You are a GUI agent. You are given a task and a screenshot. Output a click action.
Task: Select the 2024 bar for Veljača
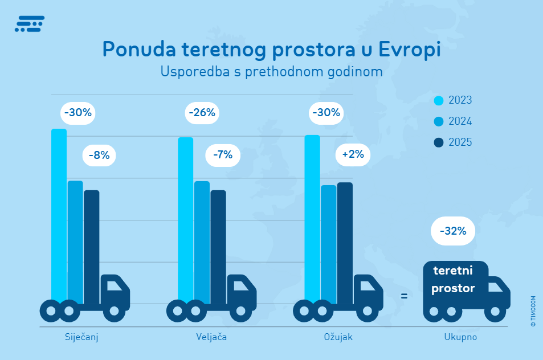(x=202, y=239)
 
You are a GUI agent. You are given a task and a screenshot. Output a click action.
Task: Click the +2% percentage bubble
(x=353, y=154)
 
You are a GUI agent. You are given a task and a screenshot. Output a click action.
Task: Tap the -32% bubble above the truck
(x=453, y=231)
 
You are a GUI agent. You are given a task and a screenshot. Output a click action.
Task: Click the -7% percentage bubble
(x=223, y=154)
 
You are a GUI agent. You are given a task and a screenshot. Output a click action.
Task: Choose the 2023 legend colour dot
(x=438, y=101)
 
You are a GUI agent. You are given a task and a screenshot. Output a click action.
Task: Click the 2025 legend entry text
(x=460, y=142)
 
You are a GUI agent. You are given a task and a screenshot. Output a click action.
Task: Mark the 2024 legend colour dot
(x=438, y=122)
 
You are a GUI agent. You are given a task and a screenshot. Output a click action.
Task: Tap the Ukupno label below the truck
(x=460, y=337)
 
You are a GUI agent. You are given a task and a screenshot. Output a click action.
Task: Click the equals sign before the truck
(x=404, y=296)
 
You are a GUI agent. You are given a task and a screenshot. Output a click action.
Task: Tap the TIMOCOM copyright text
(x=533, y=311)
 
